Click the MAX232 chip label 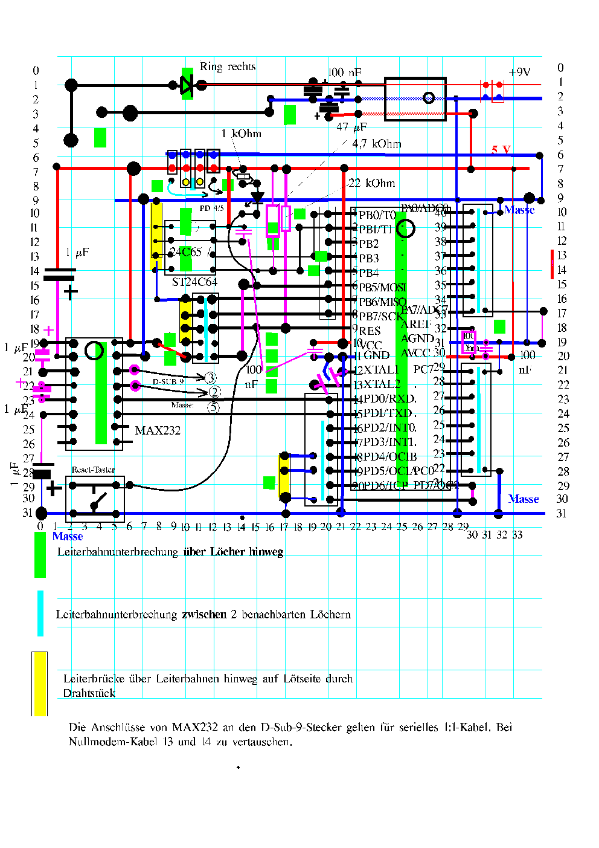(x=158, y=430)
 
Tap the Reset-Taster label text (x=93, y=470)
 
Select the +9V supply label (x=519, y=73)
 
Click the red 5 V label (x=501, y=149)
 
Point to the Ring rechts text (x=228, y=66)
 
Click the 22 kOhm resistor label (x=372, y=183)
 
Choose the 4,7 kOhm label (x=377, y=144)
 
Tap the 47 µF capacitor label (x=351, y=127)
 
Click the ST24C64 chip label (x=194, y=282)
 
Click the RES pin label (x=370, y=331)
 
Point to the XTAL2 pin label (x=382, y=384)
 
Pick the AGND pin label (x=417, y=338)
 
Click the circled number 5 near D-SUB (x=214, y=407)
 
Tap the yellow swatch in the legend (x=40, y=684)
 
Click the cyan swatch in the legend (x=40, y=613)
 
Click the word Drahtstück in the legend (x=89, y=693)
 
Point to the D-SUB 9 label (x=168, y=381)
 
